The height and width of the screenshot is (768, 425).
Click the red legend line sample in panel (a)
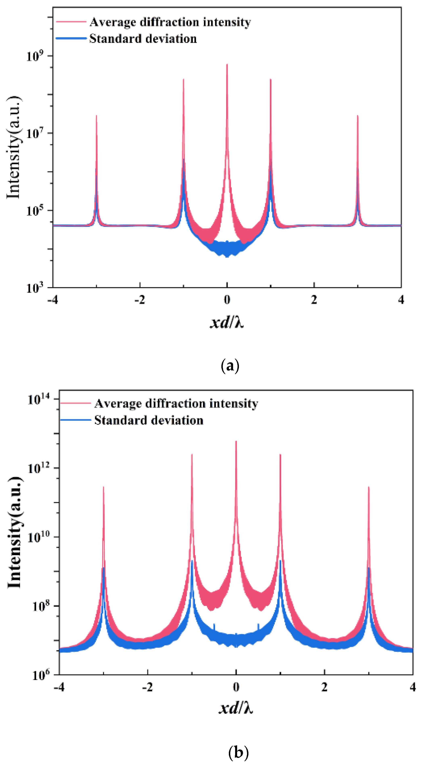[71, 22]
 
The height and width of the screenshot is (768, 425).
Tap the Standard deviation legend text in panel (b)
[149, 420]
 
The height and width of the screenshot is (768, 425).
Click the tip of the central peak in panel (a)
[227, 64]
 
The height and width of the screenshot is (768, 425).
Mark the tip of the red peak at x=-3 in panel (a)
[96, 116]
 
